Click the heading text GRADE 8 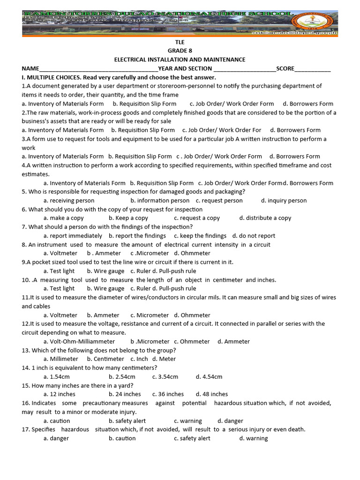180,51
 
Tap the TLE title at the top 180,42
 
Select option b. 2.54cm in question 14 122,376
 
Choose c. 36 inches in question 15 168,394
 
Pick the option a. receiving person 69,201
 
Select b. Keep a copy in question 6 128,218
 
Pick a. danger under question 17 56,438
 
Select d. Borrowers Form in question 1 308,104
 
